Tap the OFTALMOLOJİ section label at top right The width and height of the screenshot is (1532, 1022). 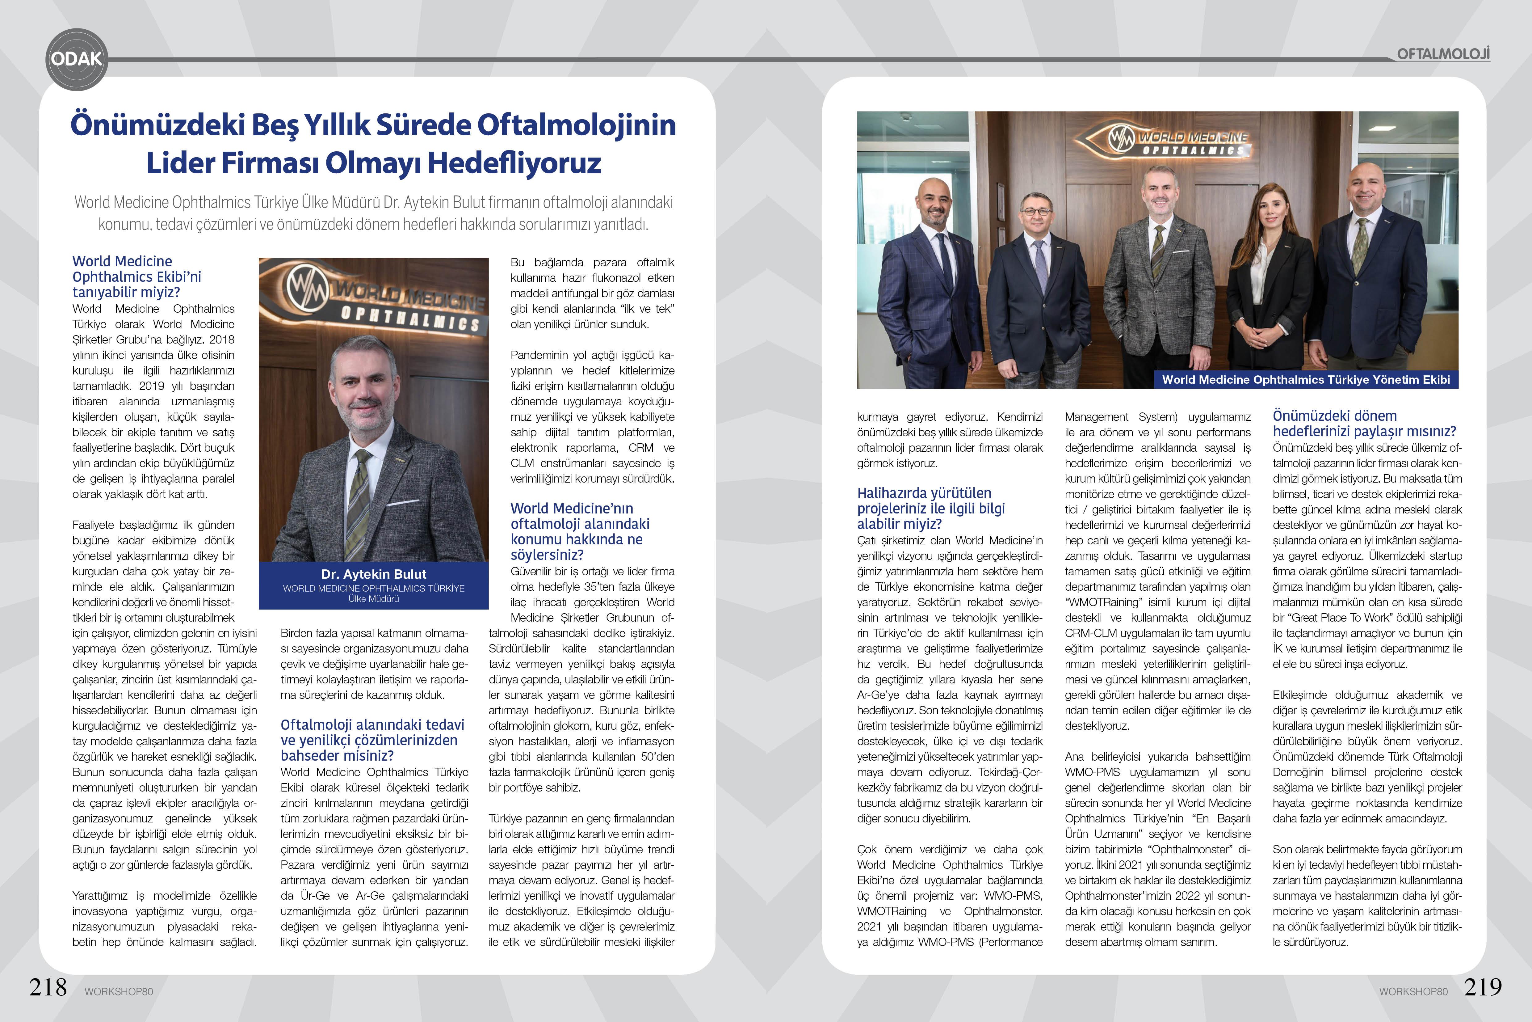tap(1443, 53)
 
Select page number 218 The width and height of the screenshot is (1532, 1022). tap(48, 987)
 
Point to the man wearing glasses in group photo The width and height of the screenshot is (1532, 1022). tap(1036, 280)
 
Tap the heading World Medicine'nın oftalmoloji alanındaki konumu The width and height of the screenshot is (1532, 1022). tap(580, 531)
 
